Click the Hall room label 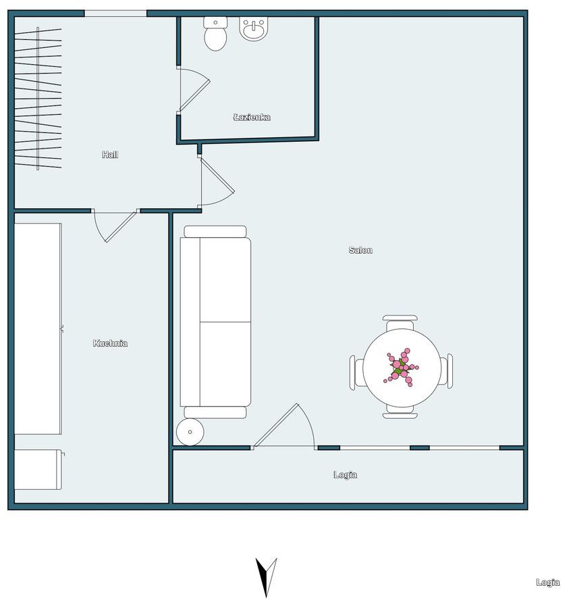pos(110,155)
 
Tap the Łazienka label pos(252,117)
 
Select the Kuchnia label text pos(111,343)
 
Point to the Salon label pos(361,250)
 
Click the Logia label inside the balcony pos(346,475)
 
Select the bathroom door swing pos(194,90)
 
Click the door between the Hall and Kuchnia pos(115,226)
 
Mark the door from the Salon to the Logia pos(284,427)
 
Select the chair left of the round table pos(357,372)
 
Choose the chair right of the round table pos(446,371)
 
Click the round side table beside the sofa pos(190,432)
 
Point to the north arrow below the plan pos(266,578)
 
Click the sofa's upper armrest pos(215,232)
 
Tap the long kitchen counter pos(38,329)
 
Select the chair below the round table pos(400,412)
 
